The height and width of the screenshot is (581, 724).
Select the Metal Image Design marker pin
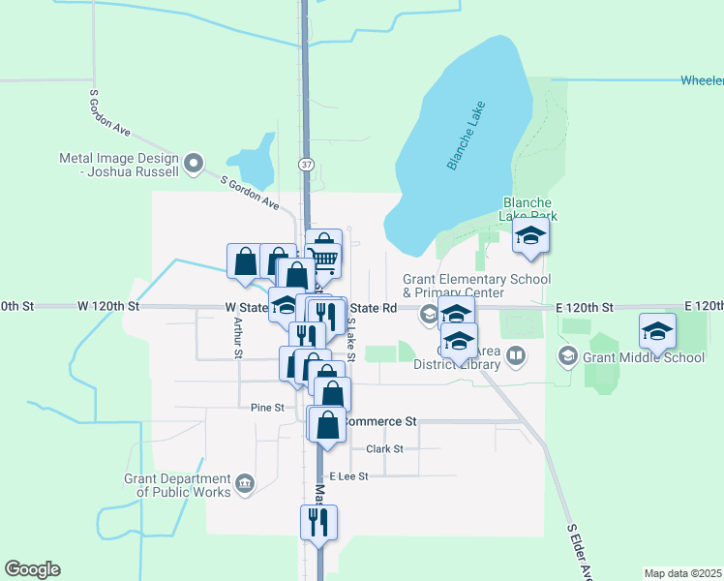coord(194,162)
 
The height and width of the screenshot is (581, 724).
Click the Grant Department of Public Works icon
coord(245,482)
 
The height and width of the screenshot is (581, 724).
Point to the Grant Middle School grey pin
coord(566,357)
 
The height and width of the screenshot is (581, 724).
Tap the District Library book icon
coord(517,358)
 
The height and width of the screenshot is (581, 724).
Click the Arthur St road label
coord(236,340)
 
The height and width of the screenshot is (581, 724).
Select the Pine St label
coord(267,408)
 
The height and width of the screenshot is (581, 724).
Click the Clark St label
coord(384,448)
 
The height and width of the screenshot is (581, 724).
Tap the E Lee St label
coord(348,476)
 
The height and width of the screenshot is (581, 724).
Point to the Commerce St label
coord(379,421)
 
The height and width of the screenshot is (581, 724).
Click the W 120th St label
coord(108,306)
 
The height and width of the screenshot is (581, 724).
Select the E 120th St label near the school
coord(585,307)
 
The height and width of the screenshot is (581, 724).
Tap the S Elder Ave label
coord(579,553)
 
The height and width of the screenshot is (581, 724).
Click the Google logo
coord(32,569)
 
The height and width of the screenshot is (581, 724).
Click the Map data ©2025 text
coord(681,573)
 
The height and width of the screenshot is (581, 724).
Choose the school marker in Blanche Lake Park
coord(530,235)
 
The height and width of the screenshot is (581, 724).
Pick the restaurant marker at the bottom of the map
coord(317,522)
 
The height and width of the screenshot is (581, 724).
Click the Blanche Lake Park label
coord(528,209)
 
